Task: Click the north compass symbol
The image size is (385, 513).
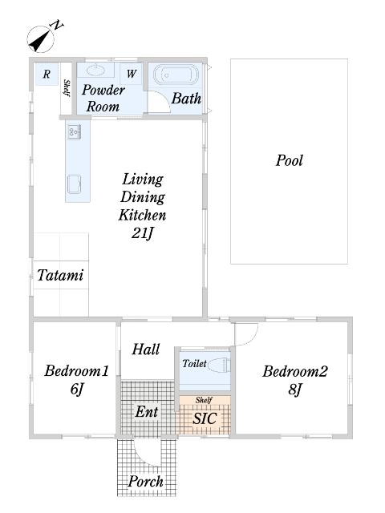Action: coord(41,39)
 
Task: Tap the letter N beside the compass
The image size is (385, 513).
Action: coord(58,25)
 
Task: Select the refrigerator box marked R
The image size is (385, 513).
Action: coord(47,74)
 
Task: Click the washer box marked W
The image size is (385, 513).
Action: coord(131,74)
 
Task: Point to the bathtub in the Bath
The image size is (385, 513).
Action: coord(176,75)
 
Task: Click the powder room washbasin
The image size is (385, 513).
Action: coord(95,70)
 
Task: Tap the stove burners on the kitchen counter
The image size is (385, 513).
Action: coord(75,131)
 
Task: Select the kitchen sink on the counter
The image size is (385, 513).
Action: coord(75,184)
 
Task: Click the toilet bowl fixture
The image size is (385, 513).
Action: coord(219,365)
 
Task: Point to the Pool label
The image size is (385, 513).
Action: coord(290,160)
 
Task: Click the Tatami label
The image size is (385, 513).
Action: coord(61,275)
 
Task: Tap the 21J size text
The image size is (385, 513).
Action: coord(143,233)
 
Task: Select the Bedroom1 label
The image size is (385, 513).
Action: coord(77,371)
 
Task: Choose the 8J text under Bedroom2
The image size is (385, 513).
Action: coord(294,390)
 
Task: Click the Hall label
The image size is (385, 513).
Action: coord(146,349)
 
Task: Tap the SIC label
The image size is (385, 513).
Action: coord(205,418)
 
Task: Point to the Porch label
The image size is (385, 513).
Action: coord(145,481)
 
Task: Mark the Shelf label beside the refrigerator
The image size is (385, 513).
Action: coord(67,88)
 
